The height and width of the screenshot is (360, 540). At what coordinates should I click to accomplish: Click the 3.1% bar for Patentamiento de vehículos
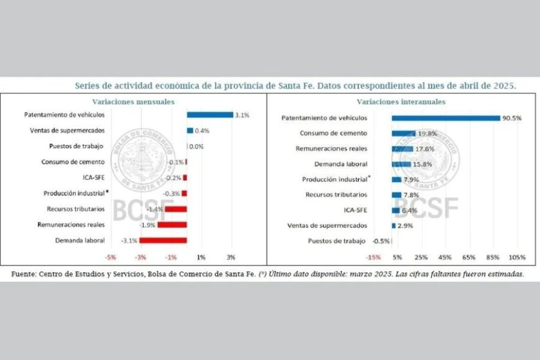[209, 115]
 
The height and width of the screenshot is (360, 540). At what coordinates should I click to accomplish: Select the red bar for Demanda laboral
[163, 241]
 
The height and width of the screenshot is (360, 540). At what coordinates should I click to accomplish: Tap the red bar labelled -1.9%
[172, 224]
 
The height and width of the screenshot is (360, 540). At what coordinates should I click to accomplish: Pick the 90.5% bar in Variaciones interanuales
[446, 118]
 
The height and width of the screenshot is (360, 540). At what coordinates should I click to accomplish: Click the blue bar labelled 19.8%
[403, 133]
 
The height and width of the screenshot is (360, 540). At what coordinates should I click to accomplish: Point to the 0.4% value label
[202, 130]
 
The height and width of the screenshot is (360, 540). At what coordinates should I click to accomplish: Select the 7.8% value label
[411, 194]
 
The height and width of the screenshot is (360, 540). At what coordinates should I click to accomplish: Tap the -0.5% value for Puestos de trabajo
[381, 241]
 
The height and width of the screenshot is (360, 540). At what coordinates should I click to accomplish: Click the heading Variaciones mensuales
[133, 101]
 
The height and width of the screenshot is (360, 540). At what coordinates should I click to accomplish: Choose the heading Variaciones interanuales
[401, 101]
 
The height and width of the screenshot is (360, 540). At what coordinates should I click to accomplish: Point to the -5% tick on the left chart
[110, 257]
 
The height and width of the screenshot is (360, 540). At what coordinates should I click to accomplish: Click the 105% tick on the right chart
[517, 257]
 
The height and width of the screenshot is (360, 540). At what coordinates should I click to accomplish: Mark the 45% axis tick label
[445, 257]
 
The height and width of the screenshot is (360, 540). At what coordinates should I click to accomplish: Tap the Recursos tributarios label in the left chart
[76, 209]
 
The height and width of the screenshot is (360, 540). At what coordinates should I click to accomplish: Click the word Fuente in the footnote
[23, 274]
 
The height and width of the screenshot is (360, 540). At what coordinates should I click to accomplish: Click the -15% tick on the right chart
[373, 257]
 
